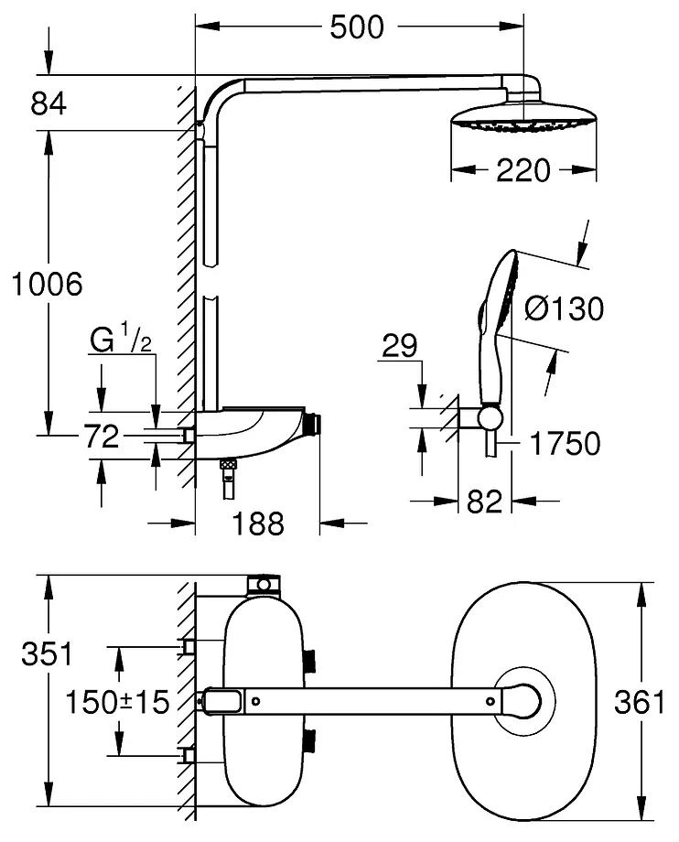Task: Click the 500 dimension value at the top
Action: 357,28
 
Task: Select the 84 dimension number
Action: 48,104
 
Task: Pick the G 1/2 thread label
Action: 120,341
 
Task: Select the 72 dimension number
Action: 101,437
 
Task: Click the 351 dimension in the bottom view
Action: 48,654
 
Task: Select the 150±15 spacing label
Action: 117,702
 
